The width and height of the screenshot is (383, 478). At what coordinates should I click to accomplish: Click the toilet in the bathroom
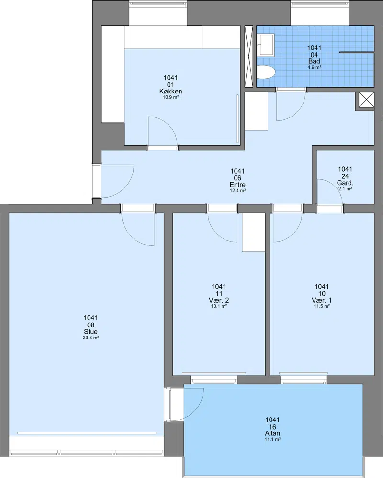[x=266, y=72]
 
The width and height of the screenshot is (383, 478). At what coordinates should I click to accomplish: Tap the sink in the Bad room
[x=266, y=45]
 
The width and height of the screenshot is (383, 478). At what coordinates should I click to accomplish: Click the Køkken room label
[x=170, y=91]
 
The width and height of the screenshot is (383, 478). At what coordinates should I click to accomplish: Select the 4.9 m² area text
[x=314, y=67]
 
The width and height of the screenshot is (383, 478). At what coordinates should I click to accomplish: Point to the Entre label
[x=237, y=185]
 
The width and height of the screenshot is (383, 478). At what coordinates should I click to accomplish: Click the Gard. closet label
[x=345, y=183]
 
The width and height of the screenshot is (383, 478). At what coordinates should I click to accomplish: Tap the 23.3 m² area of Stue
[x=91, y=338]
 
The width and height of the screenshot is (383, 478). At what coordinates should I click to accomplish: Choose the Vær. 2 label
[x=219, y=300]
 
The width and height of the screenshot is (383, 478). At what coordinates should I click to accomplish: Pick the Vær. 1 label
[x=322, y=300]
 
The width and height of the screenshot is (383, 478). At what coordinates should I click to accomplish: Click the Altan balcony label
[x=272, y=433]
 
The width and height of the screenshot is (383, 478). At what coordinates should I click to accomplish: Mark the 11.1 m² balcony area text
[x=272, y=439]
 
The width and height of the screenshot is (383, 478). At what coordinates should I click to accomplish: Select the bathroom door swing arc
[x=297, y=114]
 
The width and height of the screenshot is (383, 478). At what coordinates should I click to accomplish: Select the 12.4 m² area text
[x=237, y=190]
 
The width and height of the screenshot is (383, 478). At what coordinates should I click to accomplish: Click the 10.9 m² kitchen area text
[x=170, y=97]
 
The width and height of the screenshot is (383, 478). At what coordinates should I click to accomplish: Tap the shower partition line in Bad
[x=357, y=53]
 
